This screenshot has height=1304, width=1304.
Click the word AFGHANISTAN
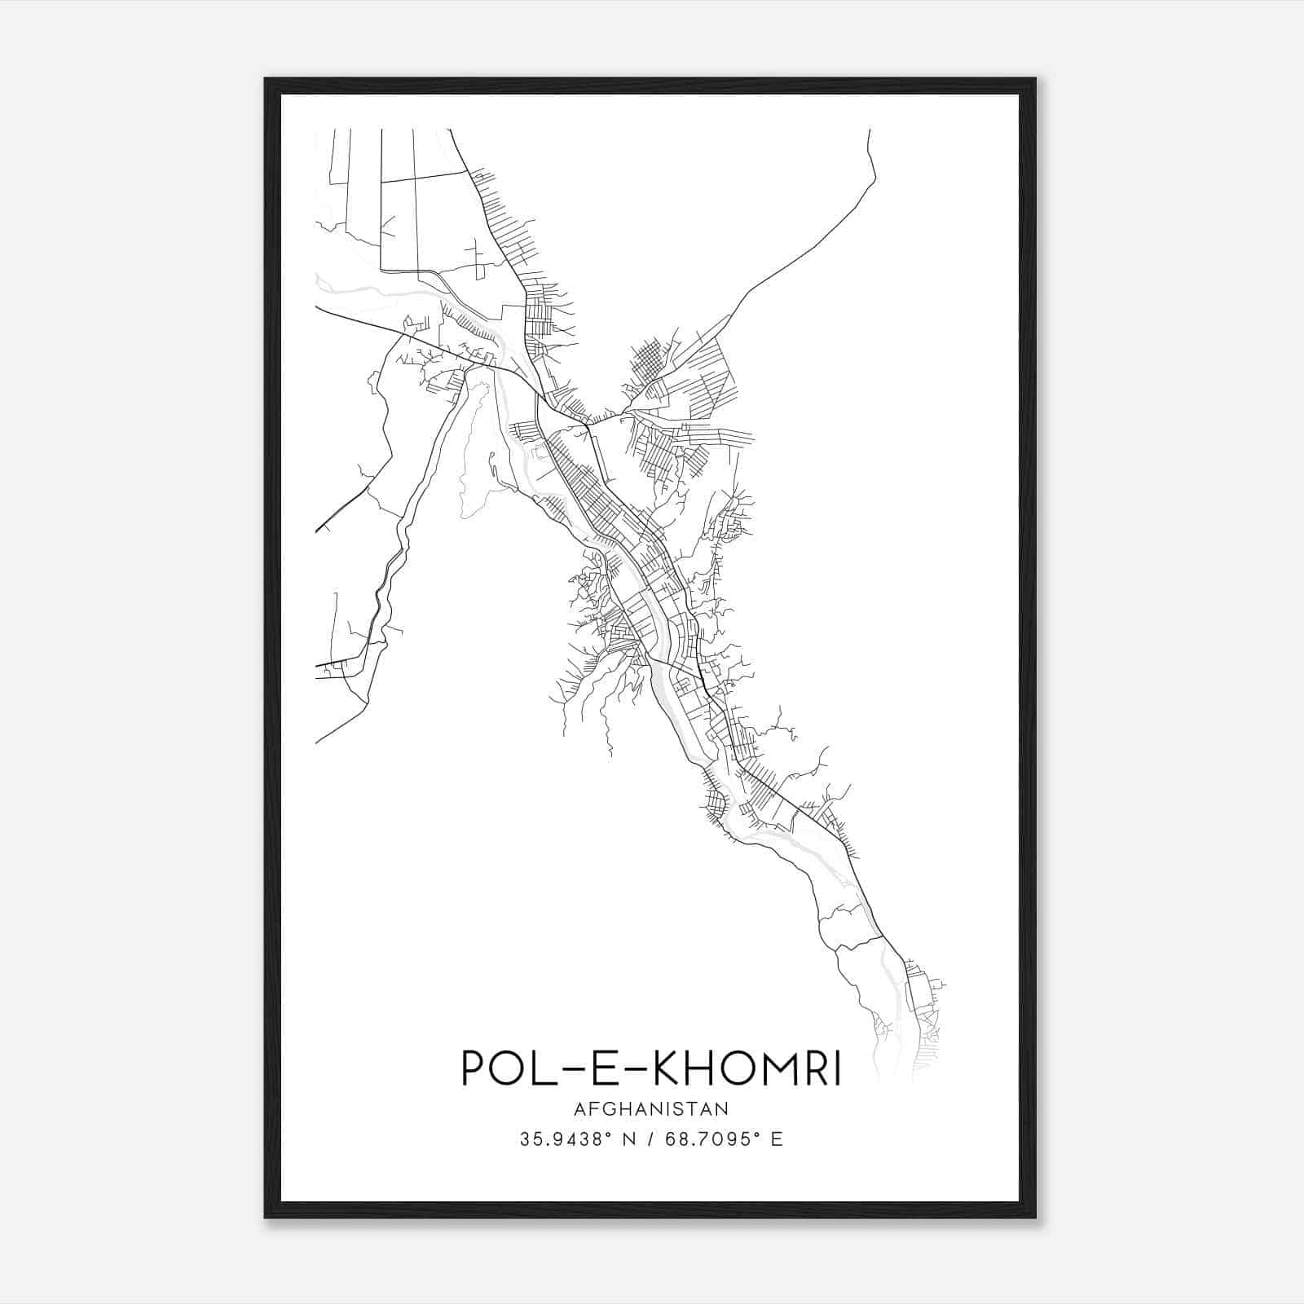(651, 1108)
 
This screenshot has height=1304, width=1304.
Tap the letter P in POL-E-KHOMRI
(474, 1068)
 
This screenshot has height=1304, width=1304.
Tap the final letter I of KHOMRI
(838, 1068)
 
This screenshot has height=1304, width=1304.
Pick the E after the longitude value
(776, 1140)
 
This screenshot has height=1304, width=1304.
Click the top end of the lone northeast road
(870, 130)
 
